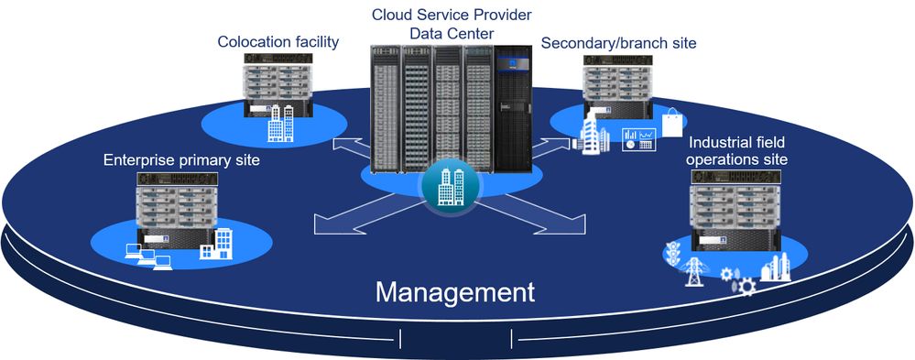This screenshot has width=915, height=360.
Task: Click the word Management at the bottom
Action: (x=455, y=292)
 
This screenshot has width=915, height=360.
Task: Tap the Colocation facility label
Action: (x=278, y=41)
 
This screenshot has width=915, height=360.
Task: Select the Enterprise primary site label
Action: (x=181, y=160)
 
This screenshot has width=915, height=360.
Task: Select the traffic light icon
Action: (x=676, y=253)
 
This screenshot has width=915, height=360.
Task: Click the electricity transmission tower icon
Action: (x=695, y=270)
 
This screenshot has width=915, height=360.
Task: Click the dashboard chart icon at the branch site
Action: (x=638, y=140)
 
